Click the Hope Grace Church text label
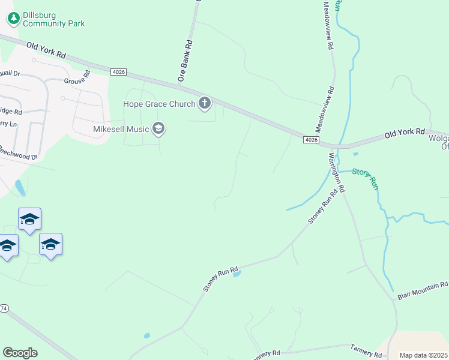coord(159,104)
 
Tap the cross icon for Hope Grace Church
coord(205,104)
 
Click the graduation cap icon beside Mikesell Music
coord(158,128)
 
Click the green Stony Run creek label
coord(366,178)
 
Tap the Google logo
coord(20,353)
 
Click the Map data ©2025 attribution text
coord(424,355)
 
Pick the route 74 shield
coord(3,308)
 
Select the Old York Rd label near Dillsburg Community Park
coord(46,49)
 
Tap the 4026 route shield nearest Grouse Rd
coord(118,72)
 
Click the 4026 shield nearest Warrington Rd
coord(310,140)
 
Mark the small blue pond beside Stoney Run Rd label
coord(237,274)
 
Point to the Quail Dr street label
coord(10,73)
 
